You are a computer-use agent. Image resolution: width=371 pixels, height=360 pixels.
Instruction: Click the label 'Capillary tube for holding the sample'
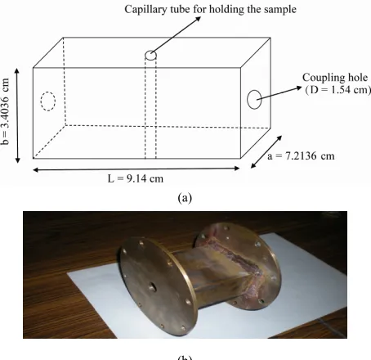tap(210, 10)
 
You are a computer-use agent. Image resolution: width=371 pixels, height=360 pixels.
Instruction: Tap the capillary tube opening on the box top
tap(150, 56)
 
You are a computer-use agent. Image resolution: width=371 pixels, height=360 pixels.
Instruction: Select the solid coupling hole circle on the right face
tap(254, 100)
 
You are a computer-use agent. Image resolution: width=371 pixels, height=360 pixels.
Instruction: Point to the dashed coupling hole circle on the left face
tap(48, 101)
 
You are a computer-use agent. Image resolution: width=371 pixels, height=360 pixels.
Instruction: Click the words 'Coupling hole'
tap(335, 78)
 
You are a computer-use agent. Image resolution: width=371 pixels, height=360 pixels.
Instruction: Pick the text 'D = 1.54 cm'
tap(338, 90)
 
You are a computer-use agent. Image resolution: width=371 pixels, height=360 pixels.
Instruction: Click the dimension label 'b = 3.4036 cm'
tap(6, 111)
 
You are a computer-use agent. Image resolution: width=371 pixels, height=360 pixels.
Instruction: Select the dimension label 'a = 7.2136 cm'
tap(301, 156)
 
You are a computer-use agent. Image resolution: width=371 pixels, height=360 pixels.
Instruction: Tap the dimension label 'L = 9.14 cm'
tap(136, 178)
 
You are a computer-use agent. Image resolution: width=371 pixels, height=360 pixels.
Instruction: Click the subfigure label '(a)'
tap(185, 197)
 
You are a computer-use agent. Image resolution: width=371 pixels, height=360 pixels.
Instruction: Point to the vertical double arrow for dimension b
tap(17, 115)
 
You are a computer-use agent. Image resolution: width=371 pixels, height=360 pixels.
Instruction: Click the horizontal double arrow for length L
tap(136, 169)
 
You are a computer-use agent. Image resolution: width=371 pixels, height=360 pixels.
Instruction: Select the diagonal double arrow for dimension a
tap(266, 151)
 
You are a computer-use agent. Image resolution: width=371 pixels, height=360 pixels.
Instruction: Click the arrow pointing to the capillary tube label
tap(177, 34)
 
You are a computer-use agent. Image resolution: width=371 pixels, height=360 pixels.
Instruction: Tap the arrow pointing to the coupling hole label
tap(279, 93)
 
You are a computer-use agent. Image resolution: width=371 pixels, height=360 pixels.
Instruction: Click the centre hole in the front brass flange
tap(152, 287)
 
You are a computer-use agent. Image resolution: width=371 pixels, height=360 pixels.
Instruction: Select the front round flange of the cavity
tap(159, 286)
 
